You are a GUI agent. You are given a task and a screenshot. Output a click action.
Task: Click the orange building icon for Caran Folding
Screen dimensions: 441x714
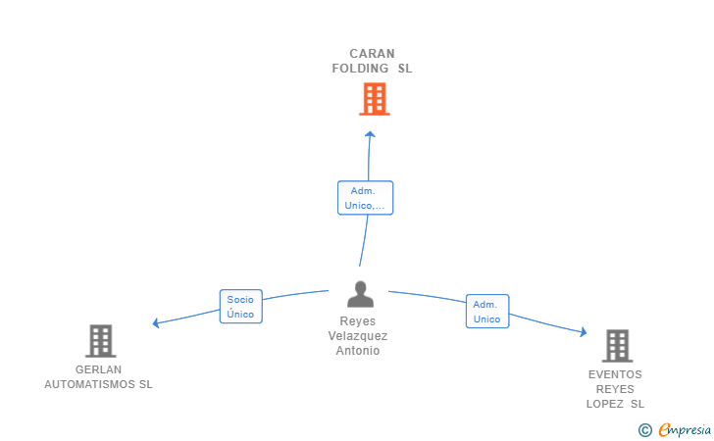coord(374,99)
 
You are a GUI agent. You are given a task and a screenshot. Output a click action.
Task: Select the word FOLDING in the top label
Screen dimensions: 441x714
coord(360,69)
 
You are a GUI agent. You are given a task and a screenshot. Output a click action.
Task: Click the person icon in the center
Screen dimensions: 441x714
coord(361,294)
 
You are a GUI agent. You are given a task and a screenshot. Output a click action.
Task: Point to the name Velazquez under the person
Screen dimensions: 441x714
coord(357,336)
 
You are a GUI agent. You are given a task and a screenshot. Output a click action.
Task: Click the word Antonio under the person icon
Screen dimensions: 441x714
coord(357,351)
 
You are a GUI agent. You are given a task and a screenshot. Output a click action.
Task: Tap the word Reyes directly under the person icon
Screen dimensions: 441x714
coord(357,321)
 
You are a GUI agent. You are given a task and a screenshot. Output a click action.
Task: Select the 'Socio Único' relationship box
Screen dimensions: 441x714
coord(240,307)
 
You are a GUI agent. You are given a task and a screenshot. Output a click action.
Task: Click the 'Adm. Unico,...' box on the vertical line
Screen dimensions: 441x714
coord(365,198)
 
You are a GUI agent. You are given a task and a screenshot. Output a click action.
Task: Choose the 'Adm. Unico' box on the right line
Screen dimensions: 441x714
coord(486,312)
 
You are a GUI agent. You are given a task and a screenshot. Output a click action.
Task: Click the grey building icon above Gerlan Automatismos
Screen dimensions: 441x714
coord(100,341)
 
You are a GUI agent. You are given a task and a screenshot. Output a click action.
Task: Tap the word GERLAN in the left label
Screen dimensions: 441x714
coord(98,369)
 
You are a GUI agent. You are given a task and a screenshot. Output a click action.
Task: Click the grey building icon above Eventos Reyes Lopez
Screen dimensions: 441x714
coord(616,345)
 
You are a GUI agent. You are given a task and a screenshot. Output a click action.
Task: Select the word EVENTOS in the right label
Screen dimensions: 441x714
coord(615,374)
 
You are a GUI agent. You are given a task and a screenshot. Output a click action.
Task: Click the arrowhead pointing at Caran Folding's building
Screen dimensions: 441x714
coord(370,134)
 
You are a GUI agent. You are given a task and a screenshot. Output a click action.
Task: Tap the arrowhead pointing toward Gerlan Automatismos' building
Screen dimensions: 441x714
coord(156,322)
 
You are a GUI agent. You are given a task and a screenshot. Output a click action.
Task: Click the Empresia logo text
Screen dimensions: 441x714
coord(685,429)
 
